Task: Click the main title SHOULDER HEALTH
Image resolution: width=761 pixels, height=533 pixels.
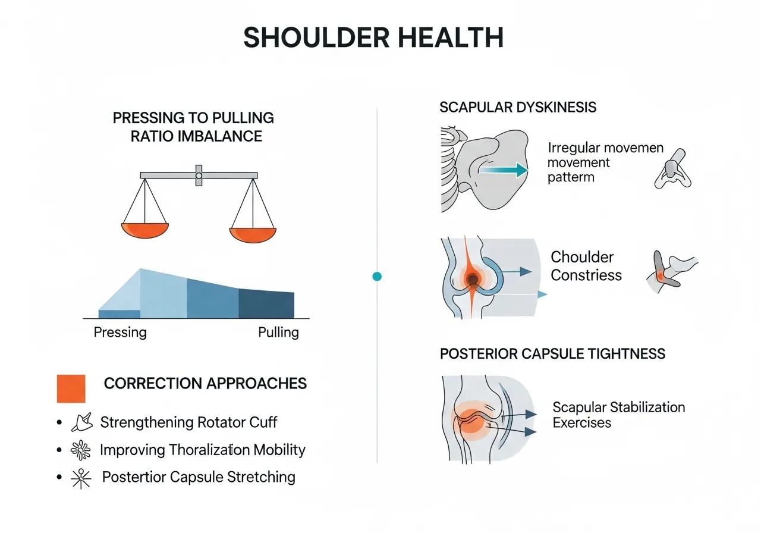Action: [x=373, y=37]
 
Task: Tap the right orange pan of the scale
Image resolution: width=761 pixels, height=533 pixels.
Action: [x=253, y=234]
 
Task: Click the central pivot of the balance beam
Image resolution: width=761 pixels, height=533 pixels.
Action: [x=199, y=175]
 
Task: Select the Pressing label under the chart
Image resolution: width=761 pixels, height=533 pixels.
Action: [x=120, y=332]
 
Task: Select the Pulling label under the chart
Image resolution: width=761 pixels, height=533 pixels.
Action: [x=278, y=332]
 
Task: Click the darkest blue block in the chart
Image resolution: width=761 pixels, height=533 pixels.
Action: [x=266, y=304]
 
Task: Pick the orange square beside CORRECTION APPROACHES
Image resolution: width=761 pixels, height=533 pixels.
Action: [x=71, y=388]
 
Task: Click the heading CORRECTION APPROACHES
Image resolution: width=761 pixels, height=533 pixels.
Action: [x=205, y=383]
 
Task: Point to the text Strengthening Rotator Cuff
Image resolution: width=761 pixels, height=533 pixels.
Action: [x=188, y=422]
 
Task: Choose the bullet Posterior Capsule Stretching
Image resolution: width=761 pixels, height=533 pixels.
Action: [x=199, y=476]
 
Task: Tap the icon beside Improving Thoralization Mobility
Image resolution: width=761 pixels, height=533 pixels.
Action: [x=80, y=450]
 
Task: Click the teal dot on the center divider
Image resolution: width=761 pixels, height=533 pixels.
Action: [x=376, y=277]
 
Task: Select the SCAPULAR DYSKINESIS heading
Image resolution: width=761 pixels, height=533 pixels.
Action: [x=518, y=108]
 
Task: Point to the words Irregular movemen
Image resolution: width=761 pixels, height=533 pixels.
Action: [x=605, y=148]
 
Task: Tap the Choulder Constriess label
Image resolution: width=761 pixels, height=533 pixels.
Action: [x=586, y=266]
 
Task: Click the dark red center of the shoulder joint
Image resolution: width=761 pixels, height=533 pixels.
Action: [x=473, y=278]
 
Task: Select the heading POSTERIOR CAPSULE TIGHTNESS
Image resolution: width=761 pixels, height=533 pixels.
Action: [x=552, y=354]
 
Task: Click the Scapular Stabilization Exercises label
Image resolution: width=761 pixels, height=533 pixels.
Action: [x=618, y=415]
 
